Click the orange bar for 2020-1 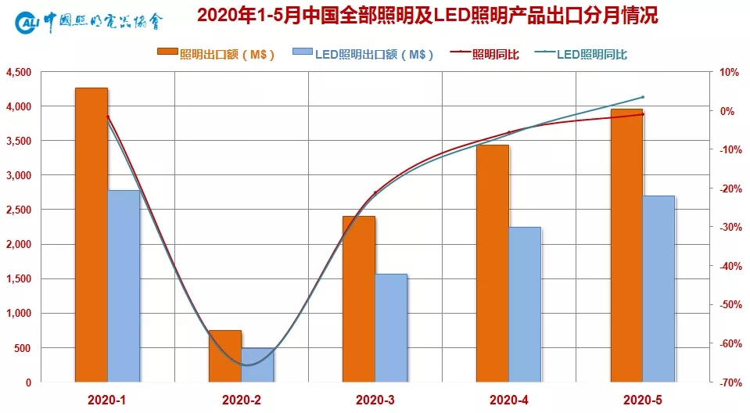tap(91, 235)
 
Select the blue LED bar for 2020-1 tap(124, 286)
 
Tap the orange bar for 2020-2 tap(225, 356)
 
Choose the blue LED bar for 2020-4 tap(525, 304)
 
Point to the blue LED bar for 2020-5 tap(658, 289)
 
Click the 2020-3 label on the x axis tap(375, 400)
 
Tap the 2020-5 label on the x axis tap(643, 400)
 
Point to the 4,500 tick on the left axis tap(19, 72)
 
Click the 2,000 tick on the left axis tap(19, 244)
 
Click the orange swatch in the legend tap(167, 53)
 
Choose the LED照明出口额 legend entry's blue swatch tap(302, 53)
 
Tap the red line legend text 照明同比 tap(497, 54)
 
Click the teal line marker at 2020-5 tap(642, 97)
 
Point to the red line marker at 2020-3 tap(375, 192)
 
